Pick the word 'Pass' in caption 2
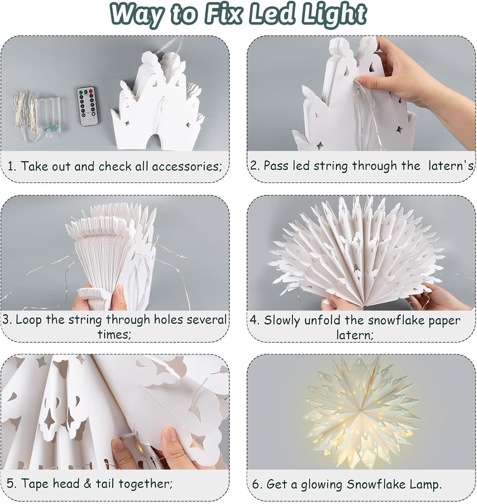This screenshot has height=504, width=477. pos(277,166)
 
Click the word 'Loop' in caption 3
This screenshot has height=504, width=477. pos(31,320)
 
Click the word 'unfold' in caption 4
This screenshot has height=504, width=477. pos(335,320)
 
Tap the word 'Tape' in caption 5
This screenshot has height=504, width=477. pos(38,483)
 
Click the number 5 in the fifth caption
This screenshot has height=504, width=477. pos(10,483)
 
